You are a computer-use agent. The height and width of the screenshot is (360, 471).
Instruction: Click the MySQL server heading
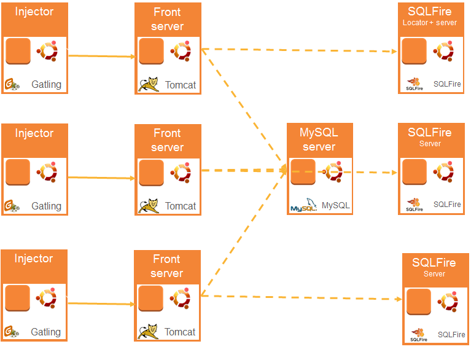click(319, 139)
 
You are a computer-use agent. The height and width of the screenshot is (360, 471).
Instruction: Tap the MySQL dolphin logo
click(303, 206)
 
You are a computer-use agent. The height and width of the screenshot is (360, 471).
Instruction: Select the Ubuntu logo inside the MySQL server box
click(333, 172)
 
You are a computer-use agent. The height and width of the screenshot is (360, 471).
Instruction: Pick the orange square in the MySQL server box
click(303, 172)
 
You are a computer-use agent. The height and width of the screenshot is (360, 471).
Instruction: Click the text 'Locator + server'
click(429, 23)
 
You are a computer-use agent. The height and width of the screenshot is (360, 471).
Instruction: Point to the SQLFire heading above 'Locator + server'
click(429, 10)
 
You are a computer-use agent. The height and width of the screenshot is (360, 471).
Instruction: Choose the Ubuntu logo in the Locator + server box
click(444, 51)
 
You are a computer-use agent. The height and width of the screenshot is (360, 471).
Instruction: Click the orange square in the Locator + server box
click(415, 51)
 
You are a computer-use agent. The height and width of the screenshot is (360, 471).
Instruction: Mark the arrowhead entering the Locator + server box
click(394, 52)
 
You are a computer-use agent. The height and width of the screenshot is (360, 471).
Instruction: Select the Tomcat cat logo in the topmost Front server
click(149, 84)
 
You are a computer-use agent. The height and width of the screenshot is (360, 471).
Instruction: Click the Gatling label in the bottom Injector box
click(46, 332)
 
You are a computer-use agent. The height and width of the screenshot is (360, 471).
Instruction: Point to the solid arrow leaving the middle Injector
click(101, 178)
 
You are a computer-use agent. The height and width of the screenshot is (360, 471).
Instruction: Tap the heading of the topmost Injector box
click(34, 12)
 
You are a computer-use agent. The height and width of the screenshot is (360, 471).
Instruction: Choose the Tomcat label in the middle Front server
click(181, 206)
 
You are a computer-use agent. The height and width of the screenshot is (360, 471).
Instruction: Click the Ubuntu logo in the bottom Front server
click(180, 299)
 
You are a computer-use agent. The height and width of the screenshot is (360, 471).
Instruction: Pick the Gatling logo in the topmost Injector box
click(12, 84)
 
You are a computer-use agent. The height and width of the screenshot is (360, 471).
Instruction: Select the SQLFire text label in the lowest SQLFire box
click(451, 335)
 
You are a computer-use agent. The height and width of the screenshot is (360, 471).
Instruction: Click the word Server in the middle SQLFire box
click(430, 144)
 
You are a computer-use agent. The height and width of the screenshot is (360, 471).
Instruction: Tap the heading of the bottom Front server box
click(167, 266)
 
